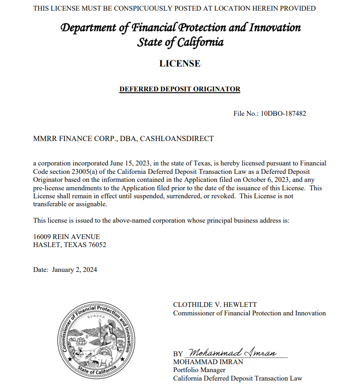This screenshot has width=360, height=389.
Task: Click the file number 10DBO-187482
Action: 283,114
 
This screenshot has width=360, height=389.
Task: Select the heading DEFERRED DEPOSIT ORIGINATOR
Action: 180,89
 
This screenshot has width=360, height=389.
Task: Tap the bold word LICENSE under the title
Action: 180,63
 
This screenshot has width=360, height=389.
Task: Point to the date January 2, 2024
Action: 74,269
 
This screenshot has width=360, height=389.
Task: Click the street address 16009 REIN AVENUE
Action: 67,237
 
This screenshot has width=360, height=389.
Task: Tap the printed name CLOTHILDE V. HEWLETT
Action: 215,305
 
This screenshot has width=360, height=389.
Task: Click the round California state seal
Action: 94,338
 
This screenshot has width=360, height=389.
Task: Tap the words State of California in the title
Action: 180,43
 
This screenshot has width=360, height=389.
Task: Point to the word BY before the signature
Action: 178,354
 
